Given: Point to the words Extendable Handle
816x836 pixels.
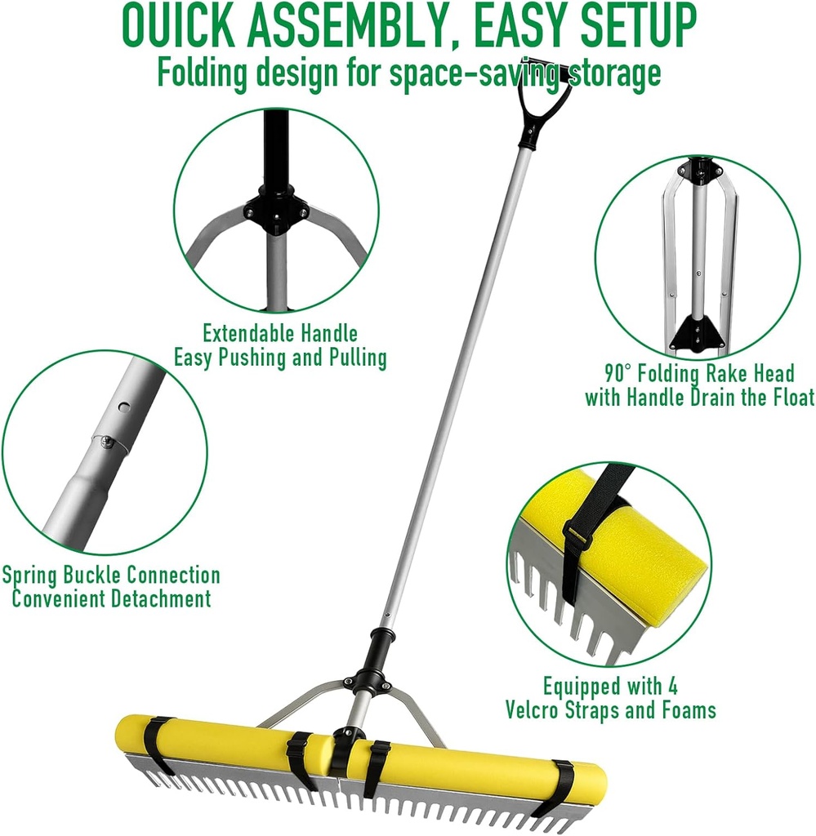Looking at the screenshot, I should tap(280, 333).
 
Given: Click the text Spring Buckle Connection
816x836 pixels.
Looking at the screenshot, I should tap(111, 576).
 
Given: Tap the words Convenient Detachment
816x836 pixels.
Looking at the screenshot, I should tap(111, 598).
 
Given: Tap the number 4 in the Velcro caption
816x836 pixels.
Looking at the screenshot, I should tap(671, 686).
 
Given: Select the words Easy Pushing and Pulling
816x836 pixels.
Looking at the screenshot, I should tap(280, 358).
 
